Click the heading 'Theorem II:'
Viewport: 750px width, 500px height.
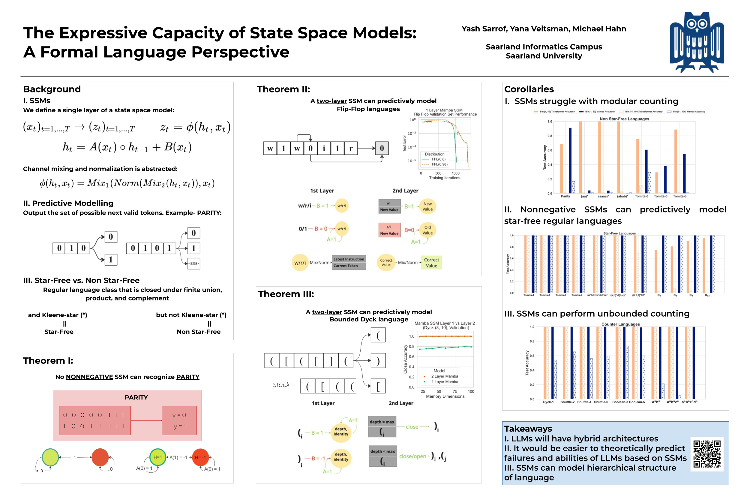283,89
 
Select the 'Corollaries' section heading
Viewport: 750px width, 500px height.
529,89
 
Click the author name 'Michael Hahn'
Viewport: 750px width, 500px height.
599,29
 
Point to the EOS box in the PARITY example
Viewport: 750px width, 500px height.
193,264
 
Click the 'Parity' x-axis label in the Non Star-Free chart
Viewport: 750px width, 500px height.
565,196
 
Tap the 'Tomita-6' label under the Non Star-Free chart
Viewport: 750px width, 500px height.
679,196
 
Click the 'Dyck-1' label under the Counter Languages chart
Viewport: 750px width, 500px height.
548,402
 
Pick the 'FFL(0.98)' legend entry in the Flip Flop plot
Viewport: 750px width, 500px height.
439,164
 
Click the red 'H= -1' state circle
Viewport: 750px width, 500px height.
200,457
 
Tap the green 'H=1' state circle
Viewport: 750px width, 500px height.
158,457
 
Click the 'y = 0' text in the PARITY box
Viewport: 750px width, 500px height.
179,415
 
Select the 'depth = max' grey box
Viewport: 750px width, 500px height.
382,422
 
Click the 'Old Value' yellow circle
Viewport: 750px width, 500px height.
427,230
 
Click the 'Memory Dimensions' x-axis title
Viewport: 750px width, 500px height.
445,396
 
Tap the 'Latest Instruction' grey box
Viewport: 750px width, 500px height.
349,259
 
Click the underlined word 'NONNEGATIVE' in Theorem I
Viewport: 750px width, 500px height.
89,377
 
